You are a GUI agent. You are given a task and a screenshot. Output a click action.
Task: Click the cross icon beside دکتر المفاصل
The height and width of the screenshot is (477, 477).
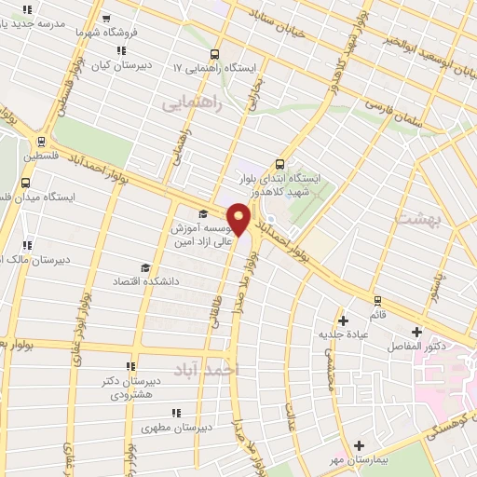[x=416, y=331]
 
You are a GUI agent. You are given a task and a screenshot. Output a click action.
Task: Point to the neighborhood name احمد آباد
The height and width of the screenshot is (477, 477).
[x=208, y=370]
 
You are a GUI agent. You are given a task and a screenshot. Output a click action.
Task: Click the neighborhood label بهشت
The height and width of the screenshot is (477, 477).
[x=416, y=220]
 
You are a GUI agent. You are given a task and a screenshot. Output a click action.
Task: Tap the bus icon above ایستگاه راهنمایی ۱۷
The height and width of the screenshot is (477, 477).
[x=215, y=54]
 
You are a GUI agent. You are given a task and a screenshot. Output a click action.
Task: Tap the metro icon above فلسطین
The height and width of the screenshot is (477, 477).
[x=39, y=142]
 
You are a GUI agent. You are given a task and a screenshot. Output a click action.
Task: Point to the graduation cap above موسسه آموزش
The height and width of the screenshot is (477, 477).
[x=201, y=214]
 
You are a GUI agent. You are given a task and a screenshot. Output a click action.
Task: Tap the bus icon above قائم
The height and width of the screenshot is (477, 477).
[x=377, y=300]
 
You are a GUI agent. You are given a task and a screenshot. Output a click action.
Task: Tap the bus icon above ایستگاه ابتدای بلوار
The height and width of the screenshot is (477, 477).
[x=280, y=163]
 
